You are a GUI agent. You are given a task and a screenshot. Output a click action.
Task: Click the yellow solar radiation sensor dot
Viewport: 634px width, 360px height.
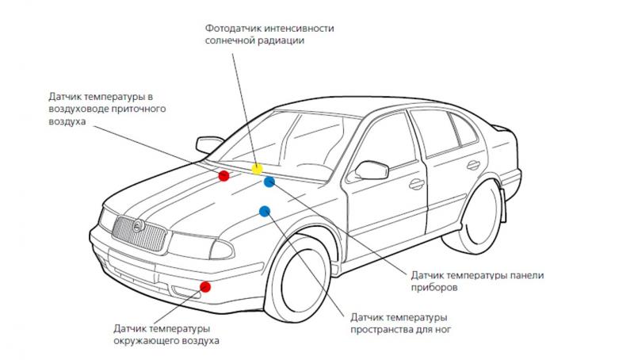click(x=257, y=169)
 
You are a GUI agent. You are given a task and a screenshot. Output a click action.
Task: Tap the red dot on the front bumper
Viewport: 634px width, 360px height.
click(x=205, y=287)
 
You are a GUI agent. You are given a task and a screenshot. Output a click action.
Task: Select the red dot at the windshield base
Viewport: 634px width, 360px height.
click(x=224, y=175)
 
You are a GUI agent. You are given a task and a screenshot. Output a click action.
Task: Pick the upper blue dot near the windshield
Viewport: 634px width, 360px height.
click(x=269, y=182)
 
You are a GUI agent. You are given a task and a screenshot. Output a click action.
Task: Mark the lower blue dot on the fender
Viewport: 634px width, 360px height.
click(x=265, y=211)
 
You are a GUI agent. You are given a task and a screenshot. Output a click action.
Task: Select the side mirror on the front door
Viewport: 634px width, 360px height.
click(x=371, y=170)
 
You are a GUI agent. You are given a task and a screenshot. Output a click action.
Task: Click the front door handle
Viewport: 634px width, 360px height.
click(x=416, y=185)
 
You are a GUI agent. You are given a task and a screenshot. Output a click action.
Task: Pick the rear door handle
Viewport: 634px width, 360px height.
click(x=474, y=165)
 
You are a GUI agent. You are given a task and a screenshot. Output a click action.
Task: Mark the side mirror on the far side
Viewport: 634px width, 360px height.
click(x=209, y=144)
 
